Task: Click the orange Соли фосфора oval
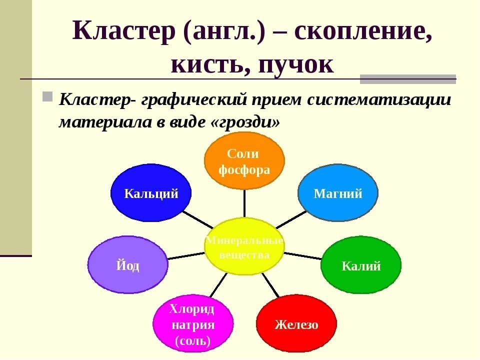click(244, 161)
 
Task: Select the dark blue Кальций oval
click(151, 193)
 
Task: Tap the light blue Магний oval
click(338, 193)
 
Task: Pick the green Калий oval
click(361, 265)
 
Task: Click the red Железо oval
click(296, 324)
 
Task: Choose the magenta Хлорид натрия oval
click(192, 324)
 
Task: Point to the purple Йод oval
click(127, 264)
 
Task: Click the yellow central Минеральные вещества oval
click(244, 247)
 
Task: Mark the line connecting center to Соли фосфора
click(244, 203)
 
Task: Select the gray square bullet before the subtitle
click(47, 95)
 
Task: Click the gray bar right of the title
click(408, 79)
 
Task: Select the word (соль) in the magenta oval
click(192, 341)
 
